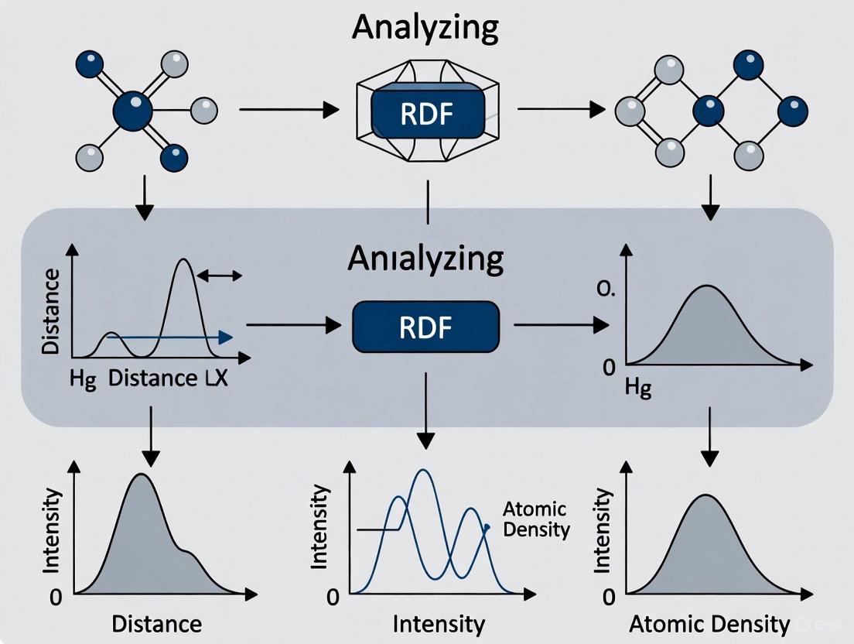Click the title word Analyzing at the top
[425, 26]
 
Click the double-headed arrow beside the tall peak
[220, 275]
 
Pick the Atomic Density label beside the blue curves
[535, 519]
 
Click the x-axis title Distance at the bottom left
[156, 624]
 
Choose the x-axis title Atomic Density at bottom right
[709, 624]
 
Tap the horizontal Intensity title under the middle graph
[439, 624]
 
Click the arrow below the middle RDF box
[425, 410]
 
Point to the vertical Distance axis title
[51, 312]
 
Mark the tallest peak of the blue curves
[422, 471]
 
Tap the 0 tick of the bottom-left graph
[54, 597]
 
